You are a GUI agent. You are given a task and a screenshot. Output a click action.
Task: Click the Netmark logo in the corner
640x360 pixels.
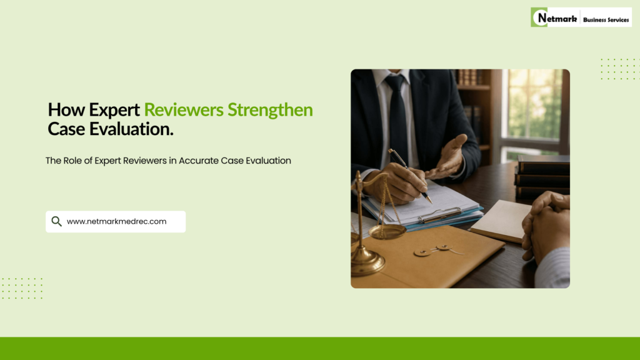tap(581, 17)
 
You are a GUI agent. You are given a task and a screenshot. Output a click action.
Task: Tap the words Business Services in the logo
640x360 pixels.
tap(606, 19)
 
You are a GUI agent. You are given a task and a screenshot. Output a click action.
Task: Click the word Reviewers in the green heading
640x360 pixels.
tap(184, 110)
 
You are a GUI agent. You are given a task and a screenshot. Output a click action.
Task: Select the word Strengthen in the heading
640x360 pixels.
tap(270, 110)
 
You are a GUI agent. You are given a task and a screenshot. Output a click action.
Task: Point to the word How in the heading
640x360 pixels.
tap(66, 110)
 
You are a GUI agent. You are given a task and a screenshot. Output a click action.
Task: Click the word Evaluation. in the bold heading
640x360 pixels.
tap(131, 129)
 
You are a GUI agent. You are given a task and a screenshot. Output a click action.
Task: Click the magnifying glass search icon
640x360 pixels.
tap(56, 221)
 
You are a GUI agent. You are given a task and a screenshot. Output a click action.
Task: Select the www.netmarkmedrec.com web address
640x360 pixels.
tap(117, 221)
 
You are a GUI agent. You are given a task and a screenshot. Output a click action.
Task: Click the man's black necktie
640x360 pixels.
tap(397, 118)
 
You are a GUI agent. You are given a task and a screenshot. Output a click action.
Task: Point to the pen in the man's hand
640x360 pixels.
tap(410, 176)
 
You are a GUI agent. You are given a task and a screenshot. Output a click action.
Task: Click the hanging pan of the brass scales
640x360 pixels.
tap(387, 231)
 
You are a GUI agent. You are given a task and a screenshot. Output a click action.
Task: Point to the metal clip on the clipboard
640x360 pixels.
tap(441, 215)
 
